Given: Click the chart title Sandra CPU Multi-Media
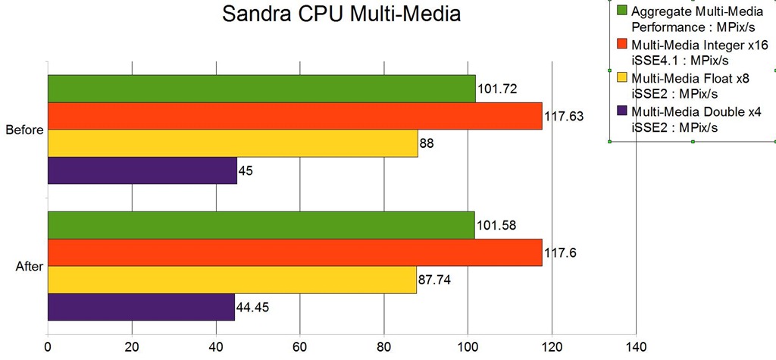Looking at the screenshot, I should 340,15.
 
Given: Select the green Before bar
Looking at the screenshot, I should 261,89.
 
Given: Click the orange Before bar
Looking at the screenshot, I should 295,116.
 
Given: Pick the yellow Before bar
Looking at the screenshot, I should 233,143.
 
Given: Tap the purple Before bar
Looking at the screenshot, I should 142,171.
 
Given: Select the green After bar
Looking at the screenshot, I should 261,225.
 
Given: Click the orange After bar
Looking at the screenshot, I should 295,252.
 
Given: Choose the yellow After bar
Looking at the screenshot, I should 232,280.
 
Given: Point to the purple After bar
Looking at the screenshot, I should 141,307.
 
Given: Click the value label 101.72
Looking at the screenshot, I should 498,89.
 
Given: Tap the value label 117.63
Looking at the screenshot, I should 565,117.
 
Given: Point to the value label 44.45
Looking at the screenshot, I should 254,308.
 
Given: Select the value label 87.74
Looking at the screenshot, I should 435,280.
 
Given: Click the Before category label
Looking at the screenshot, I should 24,130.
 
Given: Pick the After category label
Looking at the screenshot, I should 29,266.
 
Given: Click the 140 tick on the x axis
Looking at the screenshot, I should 635,348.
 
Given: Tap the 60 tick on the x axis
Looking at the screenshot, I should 300,348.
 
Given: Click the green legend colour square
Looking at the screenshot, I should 621,11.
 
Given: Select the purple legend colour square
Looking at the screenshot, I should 621,111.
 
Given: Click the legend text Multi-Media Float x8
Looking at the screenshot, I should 685,78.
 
